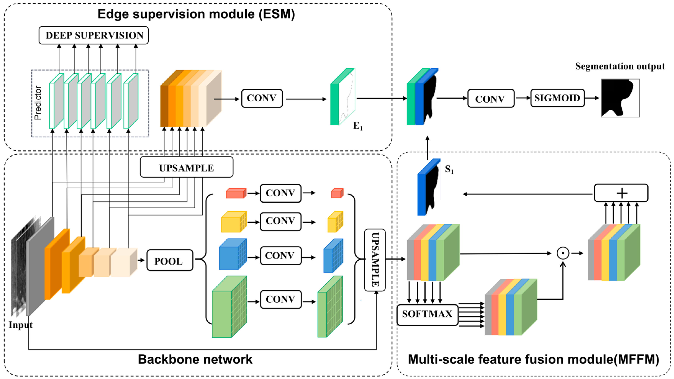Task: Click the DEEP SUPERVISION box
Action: pos(94,35)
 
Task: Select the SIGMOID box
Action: pos(557,98)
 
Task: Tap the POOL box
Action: pos(170,260)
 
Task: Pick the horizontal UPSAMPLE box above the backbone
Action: pos(186,167)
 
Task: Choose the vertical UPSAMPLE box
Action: pos(375,260)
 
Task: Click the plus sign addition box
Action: pos(621,193)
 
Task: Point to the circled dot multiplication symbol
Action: pos(563,253)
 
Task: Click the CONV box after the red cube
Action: pos(280,193)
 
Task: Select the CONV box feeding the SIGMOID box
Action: pos(491,98)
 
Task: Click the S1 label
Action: pos(449,169)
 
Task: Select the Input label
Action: pos(20,325)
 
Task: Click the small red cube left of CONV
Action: pos(236,193)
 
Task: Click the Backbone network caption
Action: pos(195,359)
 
